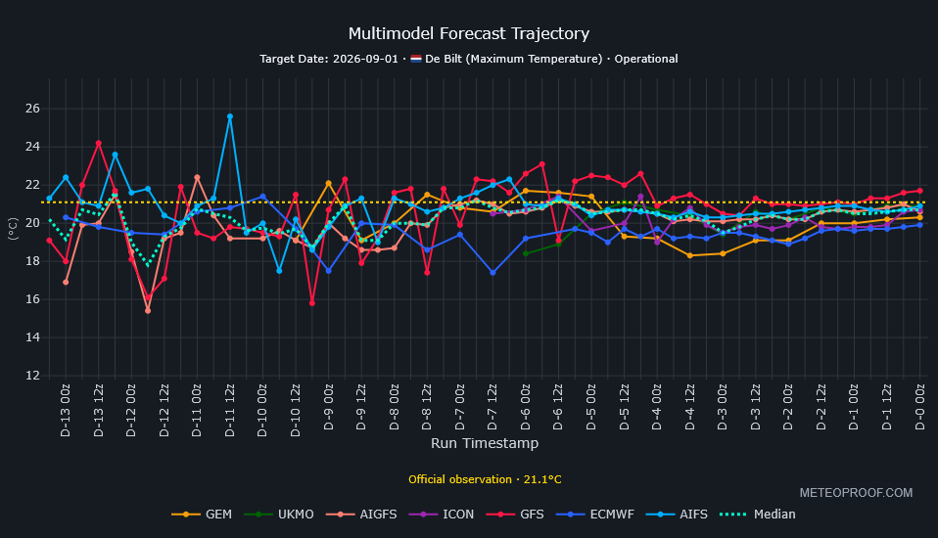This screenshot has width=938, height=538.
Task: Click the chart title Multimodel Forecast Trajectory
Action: pos(468,33)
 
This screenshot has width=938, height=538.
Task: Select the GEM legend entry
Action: pos(202,515)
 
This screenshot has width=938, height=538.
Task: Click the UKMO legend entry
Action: pos(279,515)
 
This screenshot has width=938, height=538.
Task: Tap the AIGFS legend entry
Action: pos(361,515)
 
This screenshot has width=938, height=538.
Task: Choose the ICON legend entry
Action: pos(442,515)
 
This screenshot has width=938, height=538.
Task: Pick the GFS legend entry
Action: pos(515,515)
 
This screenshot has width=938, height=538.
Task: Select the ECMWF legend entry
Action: pos(594,515)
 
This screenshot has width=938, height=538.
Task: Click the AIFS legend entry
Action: pos(677,515)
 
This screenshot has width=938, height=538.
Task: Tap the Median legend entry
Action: pos(757,515)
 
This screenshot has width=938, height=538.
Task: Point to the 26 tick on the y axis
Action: pos(33,109)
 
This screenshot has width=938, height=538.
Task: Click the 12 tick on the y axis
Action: pos(33,376)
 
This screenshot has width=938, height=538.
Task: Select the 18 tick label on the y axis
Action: pos(33,261)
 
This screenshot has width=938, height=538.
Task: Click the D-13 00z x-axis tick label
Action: pos(66,410)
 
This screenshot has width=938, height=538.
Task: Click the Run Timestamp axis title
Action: pos(485,443)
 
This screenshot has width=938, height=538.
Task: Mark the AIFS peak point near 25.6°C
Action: pos(230,116)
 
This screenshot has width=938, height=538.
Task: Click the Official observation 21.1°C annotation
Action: pos(485,479)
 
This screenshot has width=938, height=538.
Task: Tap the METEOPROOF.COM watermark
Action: pos(856,493)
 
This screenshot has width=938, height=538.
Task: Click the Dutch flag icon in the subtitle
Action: pos(416,59)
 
